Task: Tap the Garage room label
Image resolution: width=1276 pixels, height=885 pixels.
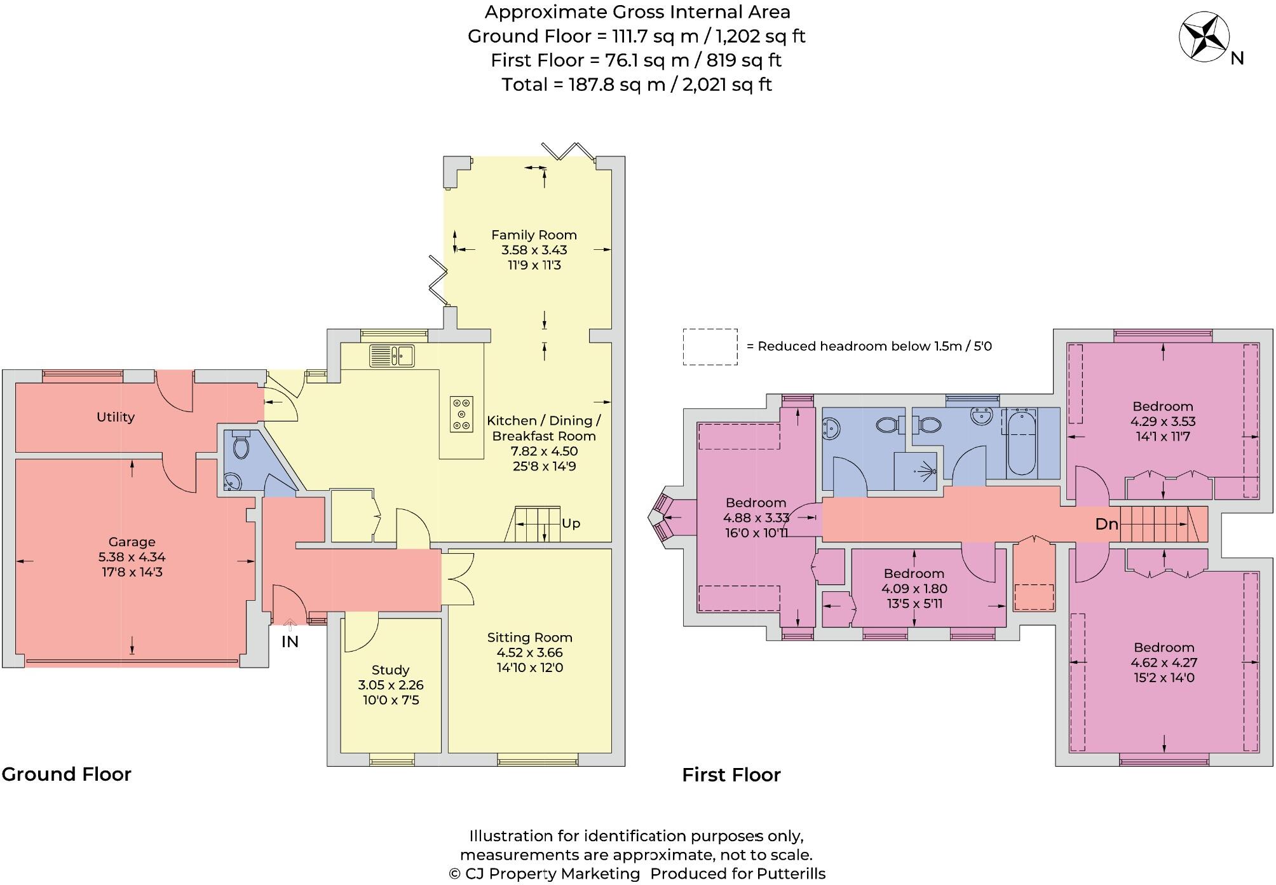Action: coord(132,542)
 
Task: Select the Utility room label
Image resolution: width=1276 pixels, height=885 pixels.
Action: coord(116,417)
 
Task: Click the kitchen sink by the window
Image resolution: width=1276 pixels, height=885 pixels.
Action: coord(392,355)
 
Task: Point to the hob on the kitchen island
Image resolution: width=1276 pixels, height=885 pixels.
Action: coord(461,414)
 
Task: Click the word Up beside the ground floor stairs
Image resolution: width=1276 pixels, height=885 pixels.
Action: coord(571,523)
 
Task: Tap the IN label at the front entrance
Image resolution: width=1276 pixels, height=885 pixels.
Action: coord(290,642)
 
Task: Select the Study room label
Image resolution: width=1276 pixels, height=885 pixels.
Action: coord(390,670)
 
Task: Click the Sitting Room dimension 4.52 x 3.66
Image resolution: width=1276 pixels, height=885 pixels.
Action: coord(529,652)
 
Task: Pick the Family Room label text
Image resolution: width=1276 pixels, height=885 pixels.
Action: coord(534,235)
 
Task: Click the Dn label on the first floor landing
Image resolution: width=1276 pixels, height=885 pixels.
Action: coord(1106,525)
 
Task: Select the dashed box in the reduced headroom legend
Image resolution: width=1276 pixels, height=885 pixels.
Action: coord(710,346)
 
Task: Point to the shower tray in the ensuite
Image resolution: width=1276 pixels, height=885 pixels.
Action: coord(915,471)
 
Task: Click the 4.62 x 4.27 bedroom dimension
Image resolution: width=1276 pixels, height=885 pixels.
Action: coord(1164,662)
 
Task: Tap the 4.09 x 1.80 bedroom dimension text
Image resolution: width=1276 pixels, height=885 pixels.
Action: coord(914,589)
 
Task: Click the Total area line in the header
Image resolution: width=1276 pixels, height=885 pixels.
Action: coord(637,85)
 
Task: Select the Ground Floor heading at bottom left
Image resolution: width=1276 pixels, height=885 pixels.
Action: coord(66,774)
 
